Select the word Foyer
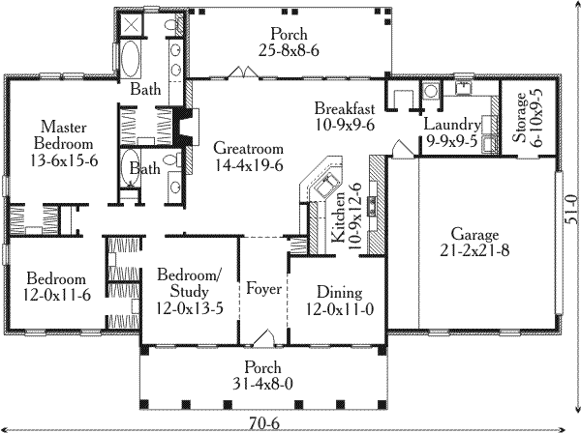[x=263, y=287]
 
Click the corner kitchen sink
[x=319, y=179]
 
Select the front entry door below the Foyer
[x=262, y=338]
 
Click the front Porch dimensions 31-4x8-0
[x=263, y=383]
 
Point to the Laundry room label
[x=452, y=126]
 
